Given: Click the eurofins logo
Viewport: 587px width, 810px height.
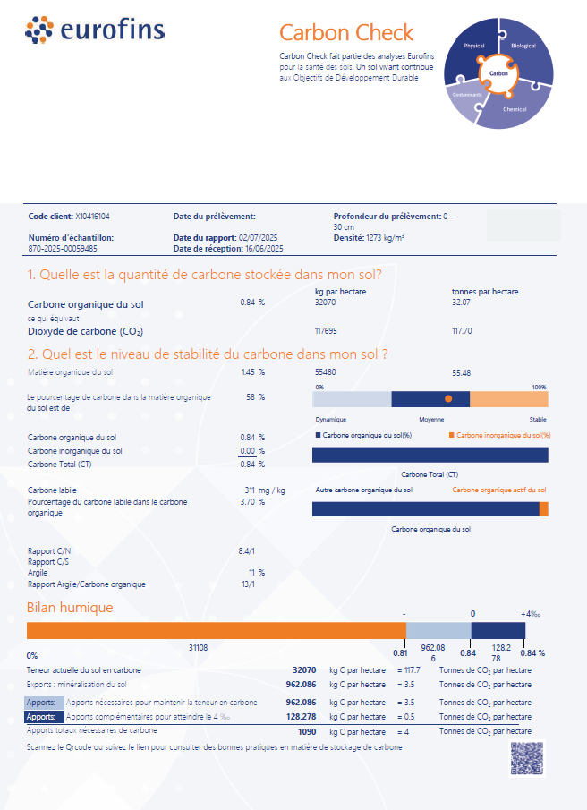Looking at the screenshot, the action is (95, 30).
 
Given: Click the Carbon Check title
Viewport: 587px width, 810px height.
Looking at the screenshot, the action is (346, 32).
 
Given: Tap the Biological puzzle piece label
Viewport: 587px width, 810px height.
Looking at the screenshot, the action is (523, 46).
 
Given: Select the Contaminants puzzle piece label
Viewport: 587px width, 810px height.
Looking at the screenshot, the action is (467, 95).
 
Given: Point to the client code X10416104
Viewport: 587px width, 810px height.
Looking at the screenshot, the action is (92, 217).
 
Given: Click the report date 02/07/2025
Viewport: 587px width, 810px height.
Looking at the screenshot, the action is (258, 238).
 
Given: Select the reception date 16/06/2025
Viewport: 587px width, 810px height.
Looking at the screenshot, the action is (264, 249).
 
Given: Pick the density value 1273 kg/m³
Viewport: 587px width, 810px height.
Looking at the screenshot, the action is (385, 238).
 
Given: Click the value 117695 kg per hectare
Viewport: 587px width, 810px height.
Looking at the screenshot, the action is (326, 331).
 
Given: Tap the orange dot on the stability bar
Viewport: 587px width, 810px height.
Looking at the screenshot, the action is (448, 399).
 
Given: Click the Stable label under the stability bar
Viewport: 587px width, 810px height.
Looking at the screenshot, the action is (538, 420).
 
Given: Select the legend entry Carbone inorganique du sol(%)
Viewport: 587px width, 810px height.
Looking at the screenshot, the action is (499, 436).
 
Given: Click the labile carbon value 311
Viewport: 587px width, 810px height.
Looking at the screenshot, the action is (250, 490).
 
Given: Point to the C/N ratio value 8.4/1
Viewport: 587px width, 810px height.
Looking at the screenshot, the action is (246, 551).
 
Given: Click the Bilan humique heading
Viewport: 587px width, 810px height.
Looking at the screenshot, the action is (70, 608).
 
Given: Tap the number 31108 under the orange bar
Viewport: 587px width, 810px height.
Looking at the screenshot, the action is (199, 648).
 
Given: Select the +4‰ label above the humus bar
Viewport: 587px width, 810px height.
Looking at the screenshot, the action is (531, 614).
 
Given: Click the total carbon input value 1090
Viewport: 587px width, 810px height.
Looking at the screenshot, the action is (307, 732).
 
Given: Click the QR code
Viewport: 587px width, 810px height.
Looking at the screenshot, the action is (526, 758).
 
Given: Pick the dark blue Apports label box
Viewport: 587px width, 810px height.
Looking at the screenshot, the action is (45, 717).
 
